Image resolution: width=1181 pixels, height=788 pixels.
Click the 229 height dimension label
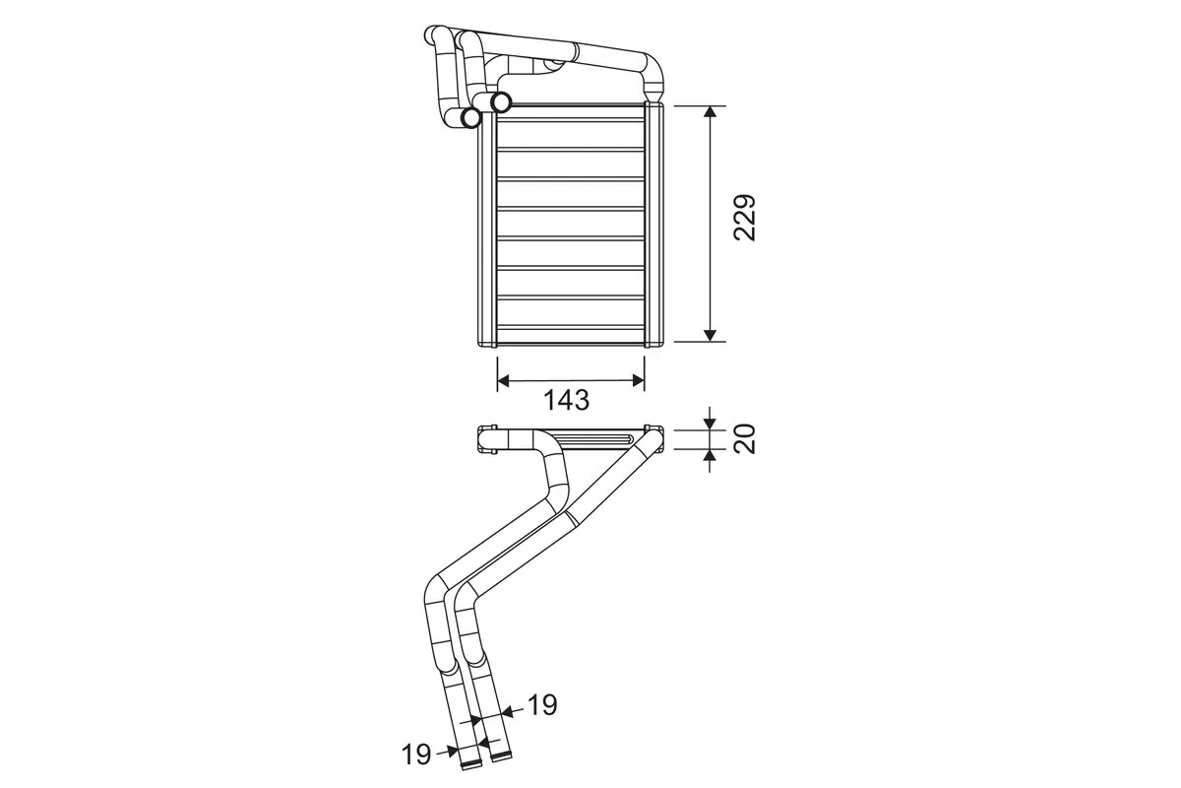pos(745,219)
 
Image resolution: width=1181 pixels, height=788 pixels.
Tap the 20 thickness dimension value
pos(745,437)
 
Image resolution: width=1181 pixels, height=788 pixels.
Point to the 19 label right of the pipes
pos(542,705)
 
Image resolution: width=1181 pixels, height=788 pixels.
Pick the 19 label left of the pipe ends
pos(417,755)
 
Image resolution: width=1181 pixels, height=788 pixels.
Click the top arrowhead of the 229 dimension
pos(710,113)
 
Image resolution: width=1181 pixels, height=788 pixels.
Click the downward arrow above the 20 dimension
pos(710,423)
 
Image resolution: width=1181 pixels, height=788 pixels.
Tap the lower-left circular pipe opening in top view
pos(471,117)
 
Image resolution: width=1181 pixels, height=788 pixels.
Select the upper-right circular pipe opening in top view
pos(501,100)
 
